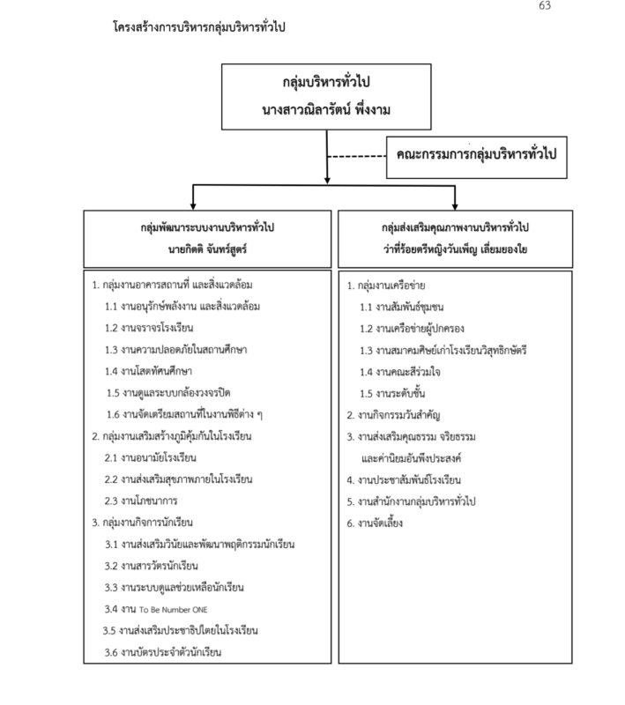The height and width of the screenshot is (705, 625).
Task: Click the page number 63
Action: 545,5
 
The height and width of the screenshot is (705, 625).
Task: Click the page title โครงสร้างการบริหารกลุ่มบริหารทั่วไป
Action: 198,27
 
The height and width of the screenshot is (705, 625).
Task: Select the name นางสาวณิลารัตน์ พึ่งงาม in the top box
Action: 326,109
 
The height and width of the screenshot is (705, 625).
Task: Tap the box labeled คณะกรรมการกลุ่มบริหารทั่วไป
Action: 477,158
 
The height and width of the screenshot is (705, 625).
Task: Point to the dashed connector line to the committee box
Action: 356,157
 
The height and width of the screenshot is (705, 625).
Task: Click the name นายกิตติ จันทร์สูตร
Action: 207,249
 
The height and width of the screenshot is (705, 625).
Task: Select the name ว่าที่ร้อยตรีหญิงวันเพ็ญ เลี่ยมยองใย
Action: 455,249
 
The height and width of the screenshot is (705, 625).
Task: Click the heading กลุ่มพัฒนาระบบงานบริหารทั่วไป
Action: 207,227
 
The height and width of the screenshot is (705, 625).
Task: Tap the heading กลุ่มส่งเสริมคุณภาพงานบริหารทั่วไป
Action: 455,227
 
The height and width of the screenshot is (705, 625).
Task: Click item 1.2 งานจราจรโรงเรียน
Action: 149,328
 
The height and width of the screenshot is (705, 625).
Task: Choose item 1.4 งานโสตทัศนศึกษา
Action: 148,371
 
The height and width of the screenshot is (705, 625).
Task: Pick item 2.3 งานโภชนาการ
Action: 141,501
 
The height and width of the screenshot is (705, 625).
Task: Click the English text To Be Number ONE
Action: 173,610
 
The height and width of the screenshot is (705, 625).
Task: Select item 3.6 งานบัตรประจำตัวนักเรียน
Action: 163,652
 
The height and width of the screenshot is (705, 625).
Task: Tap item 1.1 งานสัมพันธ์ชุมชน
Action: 401,307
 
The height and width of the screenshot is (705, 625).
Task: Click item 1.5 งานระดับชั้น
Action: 392,393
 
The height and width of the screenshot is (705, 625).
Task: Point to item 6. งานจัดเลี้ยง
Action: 375,523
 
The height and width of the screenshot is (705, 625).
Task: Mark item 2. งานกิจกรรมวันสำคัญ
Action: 393,415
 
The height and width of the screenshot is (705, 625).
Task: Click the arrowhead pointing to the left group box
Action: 193,206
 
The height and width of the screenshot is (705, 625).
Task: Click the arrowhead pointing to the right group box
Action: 455,206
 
